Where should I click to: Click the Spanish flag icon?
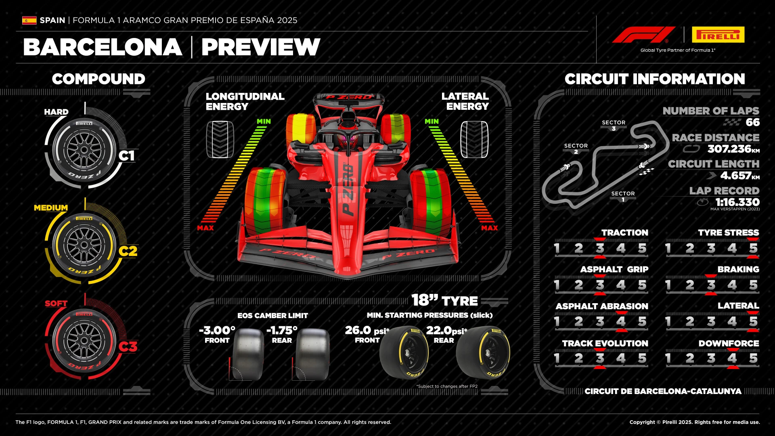(29, 20)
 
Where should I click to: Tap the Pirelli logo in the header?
(718, 35)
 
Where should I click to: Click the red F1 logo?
(643, 35)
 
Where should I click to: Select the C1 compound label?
(127, 156)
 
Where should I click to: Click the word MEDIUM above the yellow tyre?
(51, 208)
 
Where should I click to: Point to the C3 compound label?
(128, 347)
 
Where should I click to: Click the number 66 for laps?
(752, 122)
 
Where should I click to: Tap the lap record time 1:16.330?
(737, 202)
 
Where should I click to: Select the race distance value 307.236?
(729, 149)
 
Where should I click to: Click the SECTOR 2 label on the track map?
(576, 148)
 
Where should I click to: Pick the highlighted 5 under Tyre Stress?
(753, 248)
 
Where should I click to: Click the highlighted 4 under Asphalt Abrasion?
(621, 322)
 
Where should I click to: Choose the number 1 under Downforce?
(668, 358)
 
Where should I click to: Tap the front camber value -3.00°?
(217, 331)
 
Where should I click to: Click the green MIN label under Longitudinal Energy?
(264, 122)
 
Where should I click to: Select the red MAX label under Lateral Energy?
(489, 228)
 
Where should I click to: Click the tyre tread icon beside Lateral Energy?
(474, 140)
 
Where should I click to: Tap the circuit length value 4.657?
(735, 176)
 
